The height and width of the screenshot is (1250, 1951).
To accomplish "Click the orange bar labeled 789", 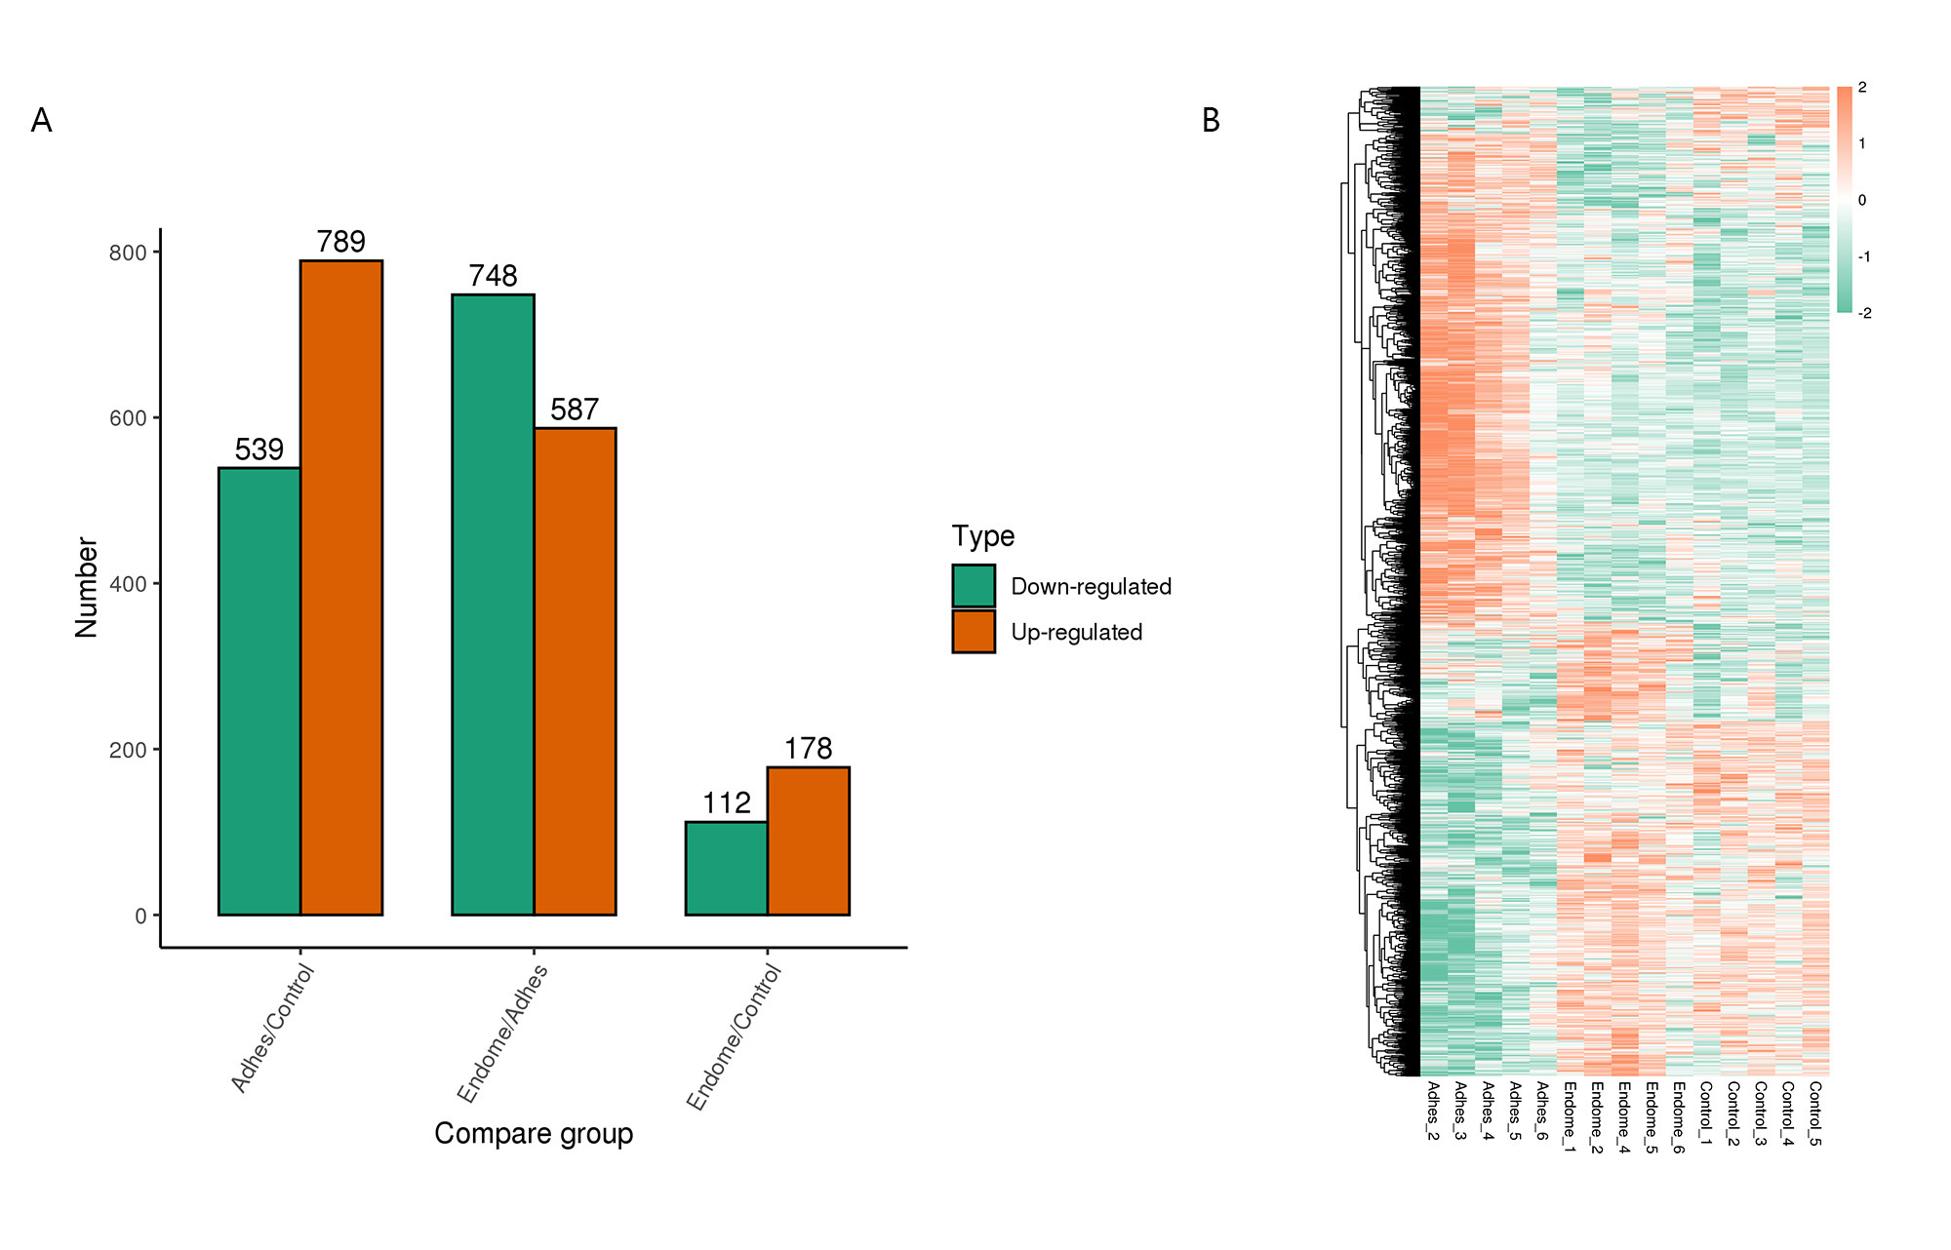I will pyautogui.click(x=340, y=587).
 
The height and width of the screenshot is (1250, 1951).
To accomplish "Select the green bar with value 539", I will pyautogui.click(x=259, y=690).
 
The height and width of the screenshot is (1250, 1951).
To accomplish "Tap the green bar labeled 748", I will pyautogui.click(x=493, y=605).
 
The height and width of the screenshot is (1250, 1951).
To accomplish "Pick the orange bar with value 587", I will pyautogui.click(x=575, y=671).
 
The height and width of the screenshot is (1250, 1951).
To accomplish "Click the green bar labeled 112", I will pyautogui.click(x=726, y=868).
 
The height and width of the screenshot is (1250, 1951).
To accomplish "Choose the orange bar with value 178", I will pyautogui.click(x=808, y=840).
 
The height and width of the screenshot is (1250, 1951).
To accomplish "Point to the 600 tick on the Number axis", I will pyautogui.click(x=128, y=418).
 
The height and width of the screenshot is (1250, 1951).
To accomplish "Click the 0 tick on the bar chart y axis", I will pyautogui.click(x=141, y=916).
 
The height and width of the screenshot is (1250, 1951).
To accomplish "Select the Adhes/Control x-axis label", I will pyautogui.click(x=273, y=1028).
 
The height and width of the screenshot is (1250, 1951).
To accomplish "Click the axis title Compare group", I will pyautogui.click(x=534, y=1134).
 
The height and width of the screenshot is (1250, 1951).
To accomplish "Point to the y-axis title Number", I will pyautogui.click(x=87, y=587).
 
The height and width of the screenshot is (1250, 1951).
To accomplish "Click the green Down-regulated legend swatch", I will pyautogui.click(x=974, y=586).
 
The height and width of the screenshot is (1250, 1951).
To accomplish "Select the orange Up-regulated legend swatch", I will pyautogui.click(x=974, y=632).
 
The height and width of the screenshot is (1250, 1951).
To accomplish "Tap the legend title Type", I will pyautogui.click(x=983, y=536).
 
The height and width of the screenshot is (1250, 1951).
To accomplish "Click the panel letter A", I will pyautogui.click(x=41, y=120).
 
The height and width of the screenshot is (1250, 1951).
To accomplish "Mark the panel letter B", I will pyautogui.click(x=1211, y=120).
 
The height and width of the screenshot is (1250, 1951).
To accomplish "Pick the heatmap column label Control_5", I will pyautogui.click(x=1815, y=1113).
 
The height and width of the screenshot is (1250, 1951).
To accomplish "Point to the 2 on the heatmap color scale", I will pyautogui.click(x=1862, y=88).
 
